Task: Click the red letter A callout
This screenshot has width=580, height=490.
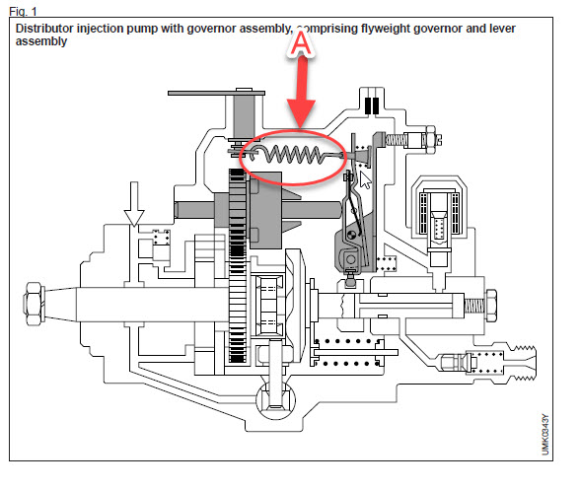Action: pos(302,43)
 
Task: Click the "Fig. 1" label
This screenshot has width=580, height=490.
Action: pos(23,12)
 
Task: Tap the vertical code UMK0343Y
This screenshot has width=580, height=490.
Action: pos(545,435)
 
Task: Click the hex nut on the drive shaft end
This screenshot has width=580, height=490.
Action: pos(35,304)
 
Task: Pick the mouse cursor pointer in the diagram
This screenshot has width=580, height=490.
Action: pos(365,180)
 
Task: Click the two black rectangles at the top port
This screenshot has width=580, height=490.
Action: pos(372,105)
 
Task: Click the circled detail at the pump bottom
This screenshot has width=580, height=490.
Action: pos(275,400)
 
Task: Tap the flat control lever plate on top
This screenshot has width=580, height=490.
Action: pos(216,93)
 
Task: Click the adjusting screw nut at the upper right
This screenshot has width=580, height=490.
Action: pos(430,139)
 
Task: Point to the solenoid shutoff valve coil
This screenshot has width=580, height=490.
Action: pos(440,214)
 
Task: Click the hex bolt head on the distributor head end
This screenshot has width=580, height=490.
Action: pos(490,306)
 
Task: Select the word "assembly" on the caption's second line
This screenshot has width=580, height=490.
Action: pos(41,41)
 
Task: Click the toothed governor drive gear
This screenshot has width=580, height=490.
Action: pos(237,266)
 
